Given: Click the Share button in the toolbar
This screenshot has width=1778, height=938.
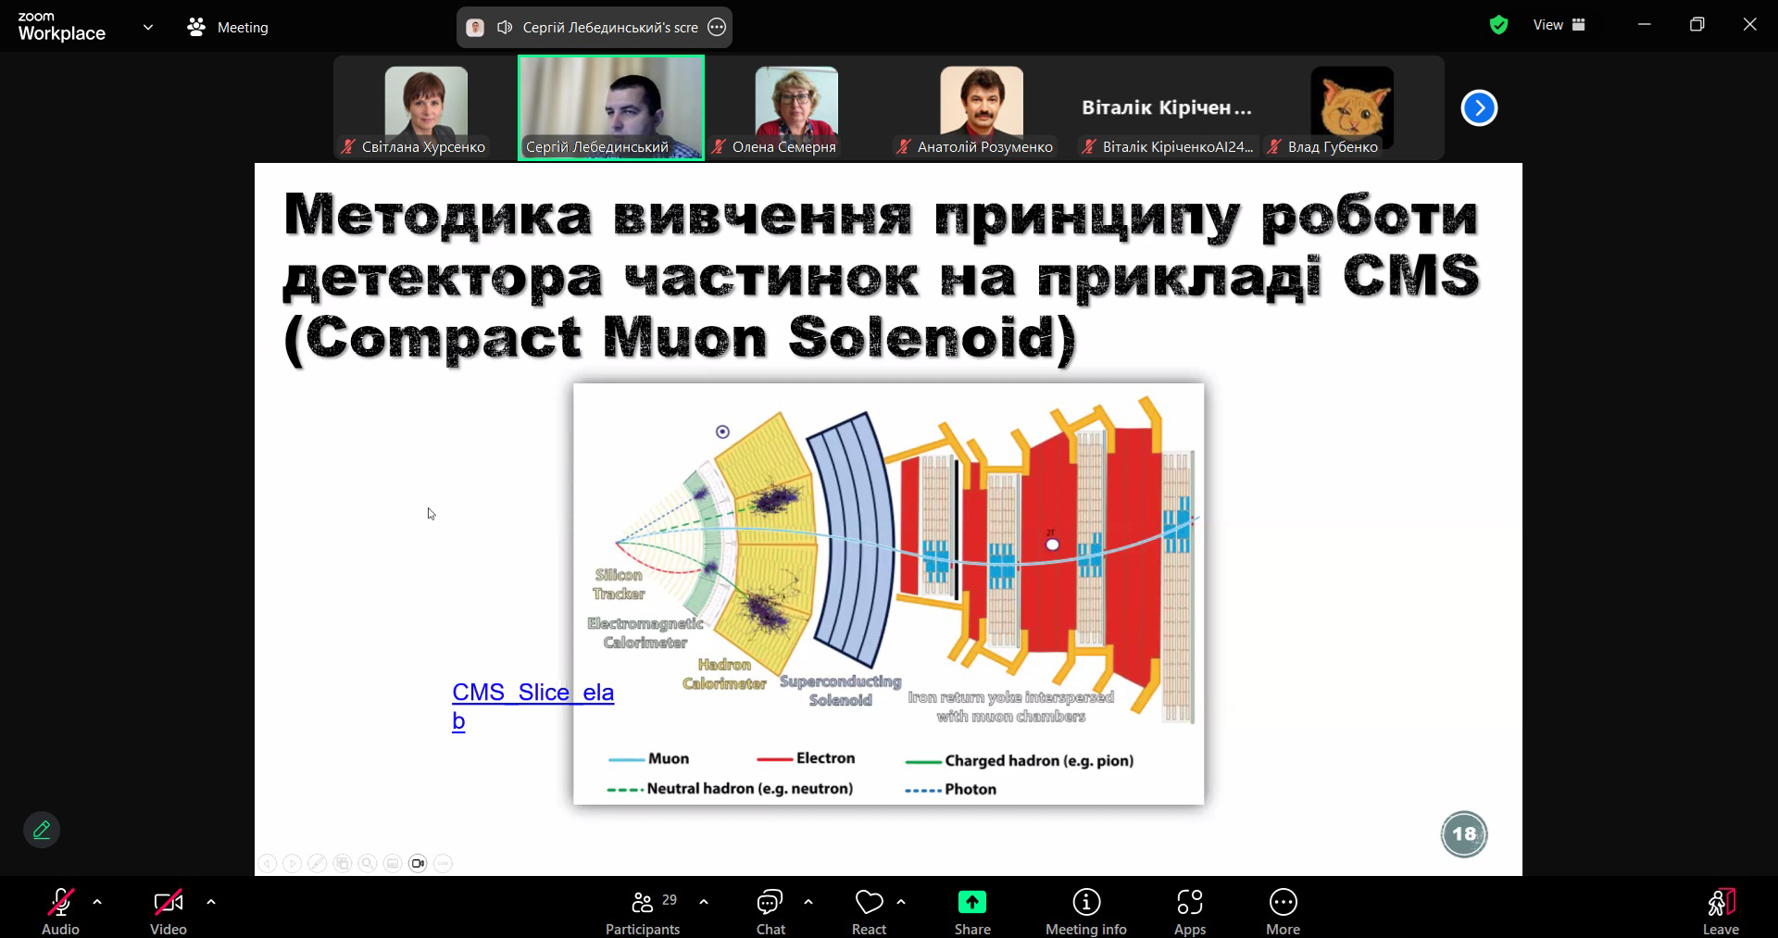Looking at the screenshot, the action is (971, 912).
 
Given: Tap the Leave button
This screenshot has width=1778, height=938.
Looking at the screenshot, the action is (1721, 912).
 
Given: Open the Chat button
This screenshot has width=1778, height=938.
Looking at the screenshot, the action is (770, 912).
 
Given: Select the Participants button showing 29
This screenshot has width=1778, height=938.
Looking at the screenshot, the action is (643, 912).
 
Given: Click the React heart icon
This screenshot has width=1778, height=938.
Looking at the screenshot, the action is (869, 902).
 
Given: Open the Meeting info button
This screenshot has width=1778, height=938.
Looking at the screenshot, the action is (1086, 912).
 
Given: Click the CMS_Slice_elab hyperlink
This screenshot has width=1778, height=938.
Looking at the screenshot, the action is (532, 706).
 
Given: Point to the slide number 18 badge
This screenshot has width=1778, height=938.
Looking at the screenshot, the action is (1464, 834).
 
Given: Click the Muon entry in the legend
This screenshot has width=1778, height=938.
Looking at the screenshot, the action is (648, 758).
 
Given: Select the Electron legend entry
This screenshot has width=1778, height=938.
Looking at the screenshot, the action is (806, 758).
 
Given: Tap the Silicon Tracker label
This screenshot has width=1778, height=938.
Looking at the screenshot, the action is (619, 584).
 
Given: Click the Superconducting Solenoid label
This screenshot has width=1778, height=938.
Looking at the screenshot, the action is (840, 691).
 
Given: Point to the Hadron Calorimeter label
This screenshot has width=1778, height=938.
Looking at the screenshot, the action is (724, 674).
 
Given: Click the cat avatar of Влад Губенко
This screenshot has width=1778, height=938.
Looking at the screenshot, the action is (1352, 102).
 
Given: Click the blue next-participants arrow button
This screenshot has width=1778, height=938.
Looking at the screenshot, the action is (1479, 108).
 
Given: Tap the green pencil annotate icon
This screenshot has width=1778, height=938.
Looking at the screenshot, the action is (42, 830).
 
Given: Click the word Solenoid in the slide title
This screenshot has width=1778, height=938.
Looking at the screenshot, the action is (933, 338).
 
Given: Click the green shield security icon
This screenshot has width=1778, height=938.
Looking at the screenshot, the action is (1498, 26).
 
